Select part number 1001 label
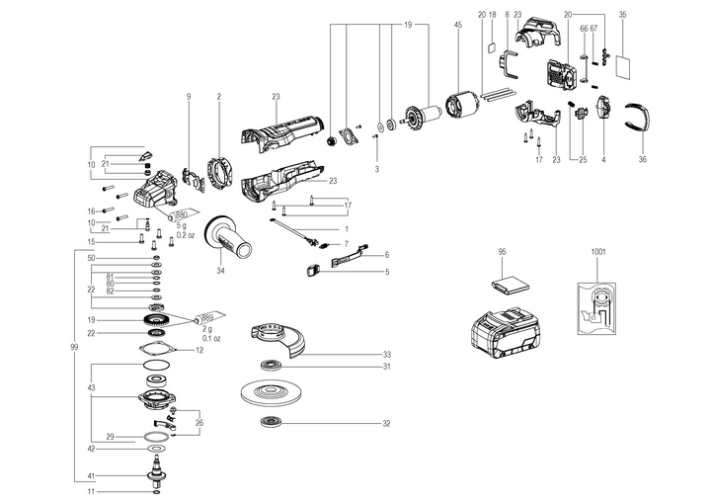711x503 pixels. [x=598, y=252]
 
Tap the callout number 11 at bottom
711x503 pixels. [x=90, y=491]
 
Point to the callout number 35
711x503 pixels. [x=622, y=15]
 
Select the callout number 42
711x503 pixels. [x=90, y=449]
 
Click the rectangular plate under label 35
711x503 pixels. [x=622, y=66]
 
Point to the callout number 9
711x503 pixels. [x=187, y=95]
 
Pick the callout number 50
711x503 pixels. [x=90, y=258]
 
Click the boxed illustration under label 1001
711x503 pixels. [x=598, y=306]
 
